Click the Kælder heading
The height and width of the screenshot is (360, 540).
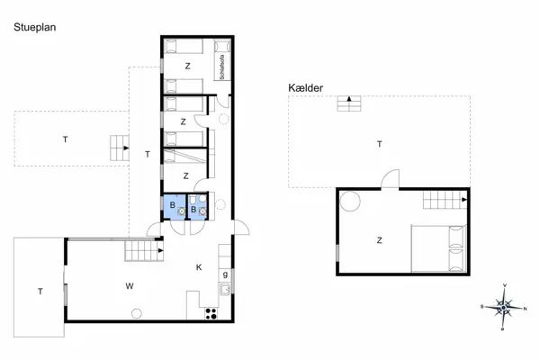pos(307,88)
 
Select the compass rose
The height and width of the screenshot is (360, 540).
pos(503,307)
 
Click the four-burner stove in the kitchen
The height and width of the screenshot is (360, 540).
pos(213,313)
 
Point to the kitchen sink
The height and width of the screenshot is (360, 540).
pos(223,290)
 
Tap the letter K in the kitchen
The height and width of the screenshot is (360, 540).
pos(199,266)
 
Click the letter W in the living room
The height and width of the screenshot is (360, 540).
pos(130,286)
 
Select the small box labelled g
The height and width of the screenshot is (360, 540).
pos(224,274)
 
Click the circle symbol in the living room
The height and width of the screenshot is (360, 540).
pos(137,313)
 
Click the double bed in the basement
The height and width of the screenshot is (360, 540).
pos(438,248)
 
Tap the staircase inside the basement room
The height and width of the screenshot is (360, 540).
pos(445,199)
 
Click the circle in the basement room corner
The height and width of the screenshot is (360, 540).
pos(350,200)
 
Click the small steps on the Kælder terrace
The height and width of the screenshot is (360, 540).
pos(348,103)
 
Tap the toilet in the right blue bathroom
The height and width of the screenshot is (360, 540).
pos(201,212)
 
